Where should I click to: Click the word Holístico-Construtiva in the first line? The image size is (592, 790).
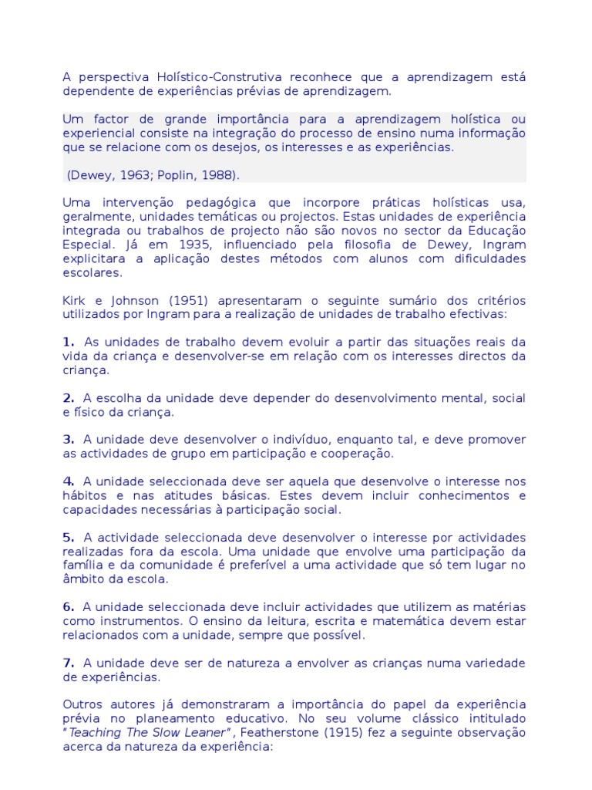pyautogui.click(x=200, y=77)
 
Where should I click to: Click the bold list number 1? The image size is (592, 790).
pyautogui.click(x=68, y=342)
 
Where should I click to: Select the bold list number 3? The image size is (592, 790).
pyautogui.click(x=68, y=439)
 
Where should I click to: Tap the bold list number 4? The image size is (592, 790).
pyautogui.click(x=68, y=481)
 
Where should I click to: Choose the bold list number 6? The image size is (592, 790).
pyautogui.click(x=68, y=607)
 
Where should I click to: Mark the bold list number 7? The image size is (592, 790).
pyautogui.click(x=68, y=663)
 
